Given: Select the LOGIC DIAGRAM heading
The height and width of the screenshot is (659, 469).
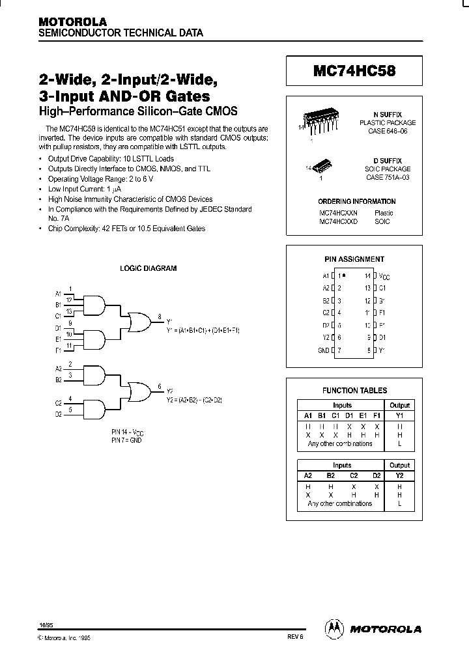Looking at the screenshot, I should pos(148,268).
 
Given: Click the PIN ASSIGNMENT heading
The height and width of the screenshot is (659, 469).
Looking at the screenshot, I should pos(354,259).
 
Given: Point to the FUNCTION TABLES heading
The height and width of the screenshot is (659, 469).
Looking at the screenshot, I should pos(354,391).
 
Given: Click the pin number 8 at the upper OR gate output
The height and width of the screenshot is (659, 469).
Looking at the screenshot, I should pos(160,316).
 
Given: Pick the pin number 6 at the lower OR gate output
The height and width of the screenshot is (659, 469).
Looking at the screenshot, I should pos(160,387).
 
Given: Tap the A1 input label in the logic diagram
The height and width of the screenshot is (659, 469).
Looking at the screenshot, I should pos(58,293).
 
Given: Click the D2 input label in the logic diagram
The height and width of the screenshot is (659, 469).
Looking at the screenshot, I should pos(58,414).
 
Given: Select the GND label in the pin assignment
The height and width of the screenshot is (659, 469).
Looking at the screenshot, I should pos(323,350).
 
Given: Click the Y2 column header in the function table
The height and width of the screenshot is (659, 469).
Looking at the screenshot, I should pos(399,475).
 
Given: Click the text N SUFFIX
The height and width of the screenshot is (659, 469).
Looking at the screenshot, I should pos(391,113).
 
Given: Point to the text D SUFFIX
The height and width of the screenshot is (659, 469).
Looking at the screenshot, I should pos(391,160).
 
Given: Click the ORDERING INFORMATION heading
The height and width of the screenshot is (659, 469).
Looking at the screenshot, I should pos(356,201).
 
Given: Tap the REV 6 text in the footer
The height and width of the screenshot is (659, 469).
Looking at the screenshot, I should pos(295,638).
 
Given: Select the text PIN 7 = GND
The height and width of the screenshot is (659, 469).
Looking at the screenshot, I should pos(126,441).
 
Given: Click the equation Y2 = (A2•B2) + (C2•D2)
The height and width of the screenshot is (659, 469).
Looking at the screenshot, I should pos(195,399).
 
